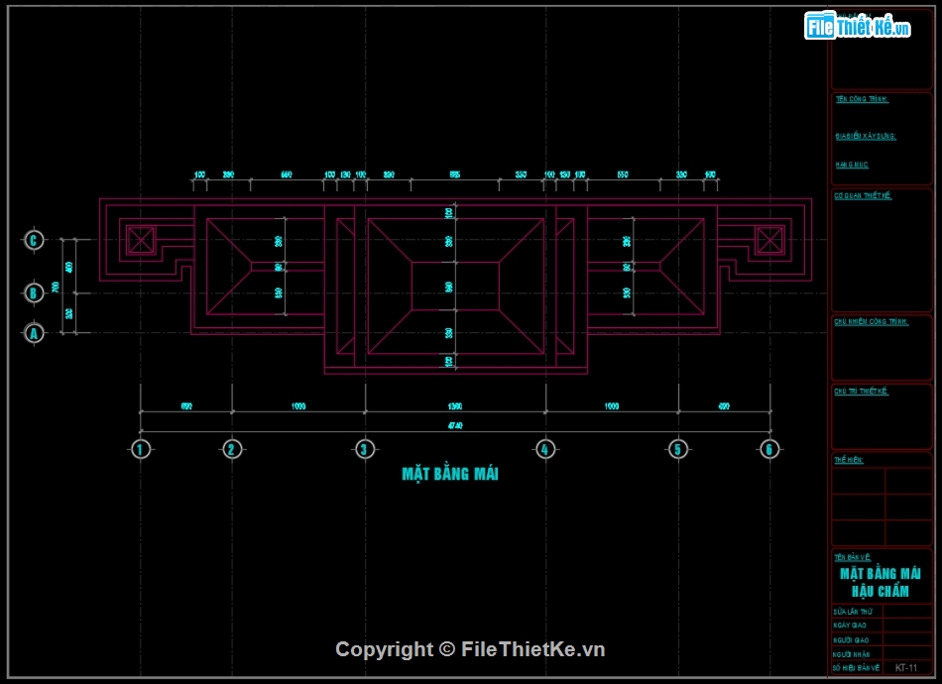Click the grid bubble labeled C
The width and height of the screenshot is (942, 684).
pyautogui.click(x=34, y=240)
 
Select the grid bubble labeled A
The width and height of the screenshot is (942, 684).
pyautogui.click(x=34, y=333)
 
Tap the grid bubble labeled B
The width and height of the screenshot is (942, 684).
pyautogui.click(x=34, y=292)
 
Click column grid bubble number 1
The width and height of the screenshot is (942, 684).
pyautogui.click(x=141, y=449)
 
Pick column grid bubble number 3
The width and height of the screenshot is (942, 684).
pyautogui.click(x=365, y=449)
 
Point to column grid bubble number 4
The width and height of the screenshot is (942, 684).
pyautogui.click(x=544, y=449)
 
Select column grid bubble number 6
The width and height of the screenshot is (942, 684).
pyautogui.click(x=768, y=449)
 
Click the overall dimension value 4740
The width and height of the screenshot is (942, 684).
pyautogui.click(x=455, y=425)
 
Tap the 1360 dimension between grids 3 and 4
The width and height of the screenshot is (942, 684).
pyautogui.click(x=455, y=405)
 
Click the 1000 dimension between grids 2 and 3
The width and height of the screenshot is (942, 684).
pyautogui.click(x=297, y=405)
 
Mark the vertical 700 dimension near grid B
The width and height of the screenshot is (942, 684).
pyautogui.click(x=57, y=286)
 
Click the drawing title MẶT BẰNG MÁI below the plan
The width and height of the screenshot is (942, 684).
pyautogui.click(x=450, y=474)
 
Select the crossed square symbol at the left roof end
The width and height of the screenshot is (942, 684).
pyautogui.click(x=141, y=239)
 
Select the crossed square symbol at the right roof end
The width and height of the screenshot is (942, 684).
pyautogui.click(x=768, y=239)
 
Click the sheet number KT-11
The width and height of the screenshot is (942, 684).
pyautogui.click(x=905, y=668)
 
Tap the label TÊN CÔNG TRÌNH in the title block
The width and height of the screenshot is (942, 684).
pyautogui.click(x=862, y=99)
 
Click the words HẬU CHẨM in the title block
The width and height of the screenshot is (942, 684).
pyautogui.click(x=881, y=591)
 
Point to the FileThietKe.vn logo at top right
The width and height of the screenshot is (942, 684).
pyautogui.click(x=858, y=27)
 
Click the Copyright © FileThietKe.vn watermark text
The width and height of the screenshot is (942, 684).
pyautogui.click(x=470, y=649)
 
